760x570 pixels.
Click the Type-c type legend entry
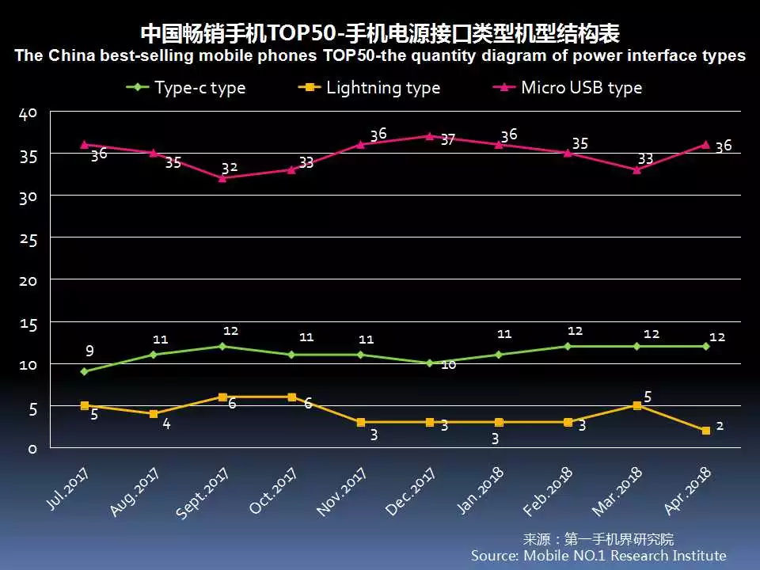pyautogui.click(x=187, y=87)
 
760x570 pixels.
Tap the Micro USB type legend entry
pyautogui.click(x=569, y=87)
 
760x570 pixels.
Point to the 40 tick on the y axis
pyautogui.click(x=28, y=114)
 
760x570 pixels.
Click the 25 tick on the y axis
pyautogui.click(x=28, y=238)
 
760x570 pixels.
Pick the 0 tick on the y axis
pyautogui.click(x=33, y=449)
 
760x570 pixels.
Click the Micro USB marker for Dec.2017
pyautogui.click(x=430, y=136)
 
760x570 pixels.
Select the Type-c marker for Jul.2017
pyautogui.click(x=85, y=371)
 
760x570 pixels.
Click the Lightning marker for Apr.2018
pyautogui.click(x=705, y=431)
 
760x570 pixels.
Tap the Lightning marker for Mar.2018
pyautogui.click(x=637, y=405)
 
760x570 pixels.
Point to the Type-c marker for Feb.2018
pyautogui.click(x=568, y=346)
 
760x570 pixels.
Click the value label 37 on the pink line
pyautogui.click(x=447, y=140)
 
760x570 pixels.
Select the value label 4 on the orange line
pyautogui.click(x=167, y=424)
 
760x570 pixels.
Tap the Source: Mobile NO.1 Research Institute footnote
pyautogui.click(x=598, y=556)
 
